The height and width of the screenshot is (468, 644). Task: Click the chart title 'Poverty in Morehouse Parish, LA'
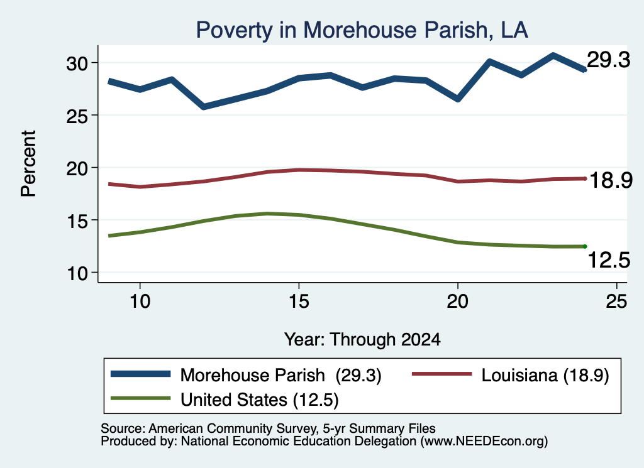pos(362,30)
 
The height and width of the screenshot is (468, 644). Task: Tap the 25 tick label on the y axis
pos(77,116)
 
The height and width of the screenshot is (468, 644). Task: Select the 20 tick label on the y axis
pos(77,168)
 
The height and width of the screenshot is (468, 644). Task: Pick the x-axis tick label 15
pos(299,302)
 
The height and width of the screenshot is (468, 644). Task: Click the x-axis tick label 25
pos(616,302)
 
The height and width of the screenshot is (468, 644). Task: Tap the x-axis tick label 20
pos(458,302)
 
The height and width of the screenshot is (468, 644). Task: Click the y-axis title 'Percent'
pos(28,164)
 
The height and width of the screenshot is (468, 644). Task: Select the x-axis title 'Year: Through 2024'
pos(362,340)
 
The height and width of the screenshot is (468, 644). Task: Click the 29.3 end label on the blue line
pos(608,60)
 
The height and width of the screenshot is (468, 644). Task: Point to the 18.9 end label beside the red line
pos(611,180)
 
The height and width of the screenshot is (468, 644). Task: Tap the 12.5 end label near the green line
pos(609,260)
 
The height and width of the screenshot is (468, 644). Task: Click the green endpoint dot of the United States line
pos(585,246)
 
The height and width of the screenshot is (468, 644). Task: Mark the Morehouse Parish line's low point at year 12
pos(204,107)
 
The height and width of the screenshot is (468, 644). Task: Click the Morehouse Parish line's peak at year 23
pos(553,55)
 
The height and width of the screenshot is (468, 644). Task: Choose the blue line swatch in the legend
pos(140,374)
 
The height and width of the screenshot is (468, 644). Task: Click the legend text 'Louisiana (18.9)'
pos(545,375)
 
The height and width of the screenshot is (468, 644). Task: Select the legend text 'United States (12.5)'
pos(260,400)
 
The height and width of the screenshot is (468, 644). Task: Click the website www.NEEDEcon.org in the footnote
pos(484,441)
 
